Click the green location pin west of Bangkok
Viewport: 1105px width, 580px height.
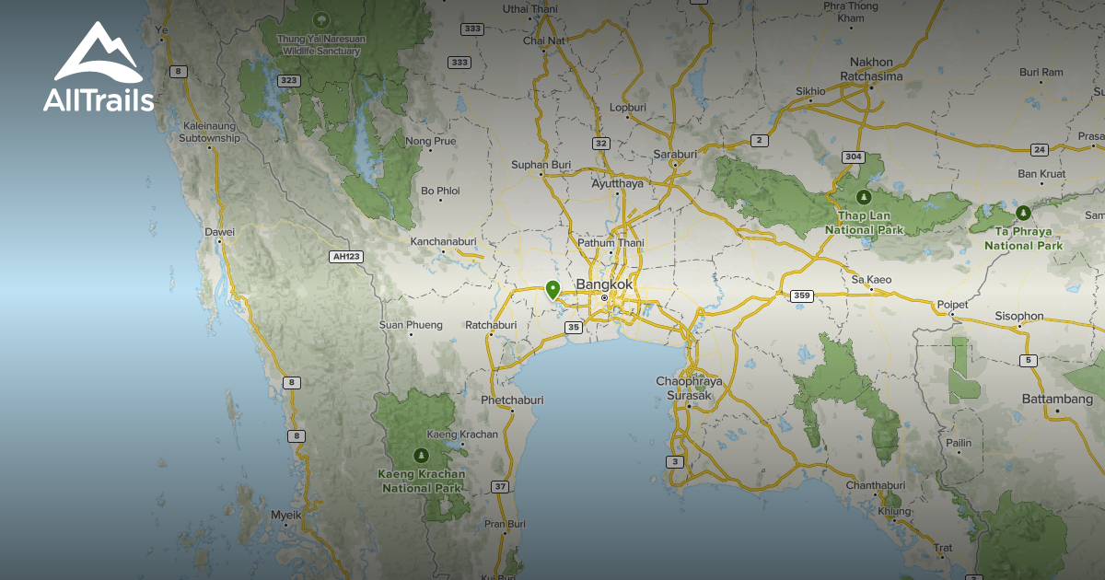tap(552, 290)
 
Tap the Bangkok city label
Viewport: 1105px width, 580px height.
tap(604, 284)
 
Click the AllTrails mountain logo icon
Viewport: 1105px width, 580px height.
tap(98, 52)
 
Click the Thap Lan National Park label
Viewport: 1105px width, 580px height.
tap(864, 222)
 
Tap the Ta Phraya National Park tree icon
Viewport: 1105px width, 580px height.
tap(1022, 212)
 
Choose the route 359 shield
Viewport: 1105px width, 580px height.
tap(801, 296)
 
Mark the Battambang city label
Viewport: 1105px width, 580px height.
tap(1057, 400)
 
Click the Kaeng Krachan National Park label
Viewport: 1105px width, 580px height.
tap(421, 481)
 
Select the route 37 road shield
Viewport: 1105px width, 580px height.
tap(500, 486)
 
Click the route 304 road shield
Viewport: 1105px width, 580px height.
tap(854, 157)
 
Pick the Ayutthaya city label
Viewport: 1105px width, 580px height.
tap(617, 183)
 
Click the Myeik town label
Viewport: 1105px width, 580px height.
tap(286, 516)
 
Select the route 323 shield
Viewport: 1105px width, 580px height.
tap(289, 81)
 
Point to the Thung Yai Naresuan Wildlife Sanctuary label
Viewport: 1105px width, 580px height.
tap(321, 45)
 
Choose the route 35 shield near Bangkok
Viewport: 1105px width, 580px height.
tap(573, 327)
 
